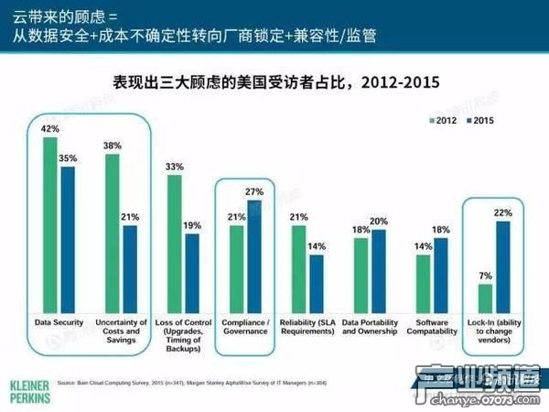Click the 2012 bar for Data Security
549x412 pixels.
(x=50, y=225)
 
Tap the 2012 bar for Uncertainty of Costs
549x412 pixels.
(x=113, y=233)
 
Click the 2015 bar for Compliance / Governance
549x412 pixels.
(x=252, y=257)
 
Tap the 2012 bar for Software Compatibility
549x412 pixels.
(x=423, y=284)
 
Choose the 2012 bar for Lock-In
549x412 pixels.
(x=485, y=298)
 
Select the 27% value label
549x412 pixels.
(x=253, y=193)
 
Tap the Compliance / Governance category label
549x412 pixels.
(x=244, y=327)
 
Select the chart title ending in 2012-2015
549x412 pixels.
(x=274, y=82)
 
